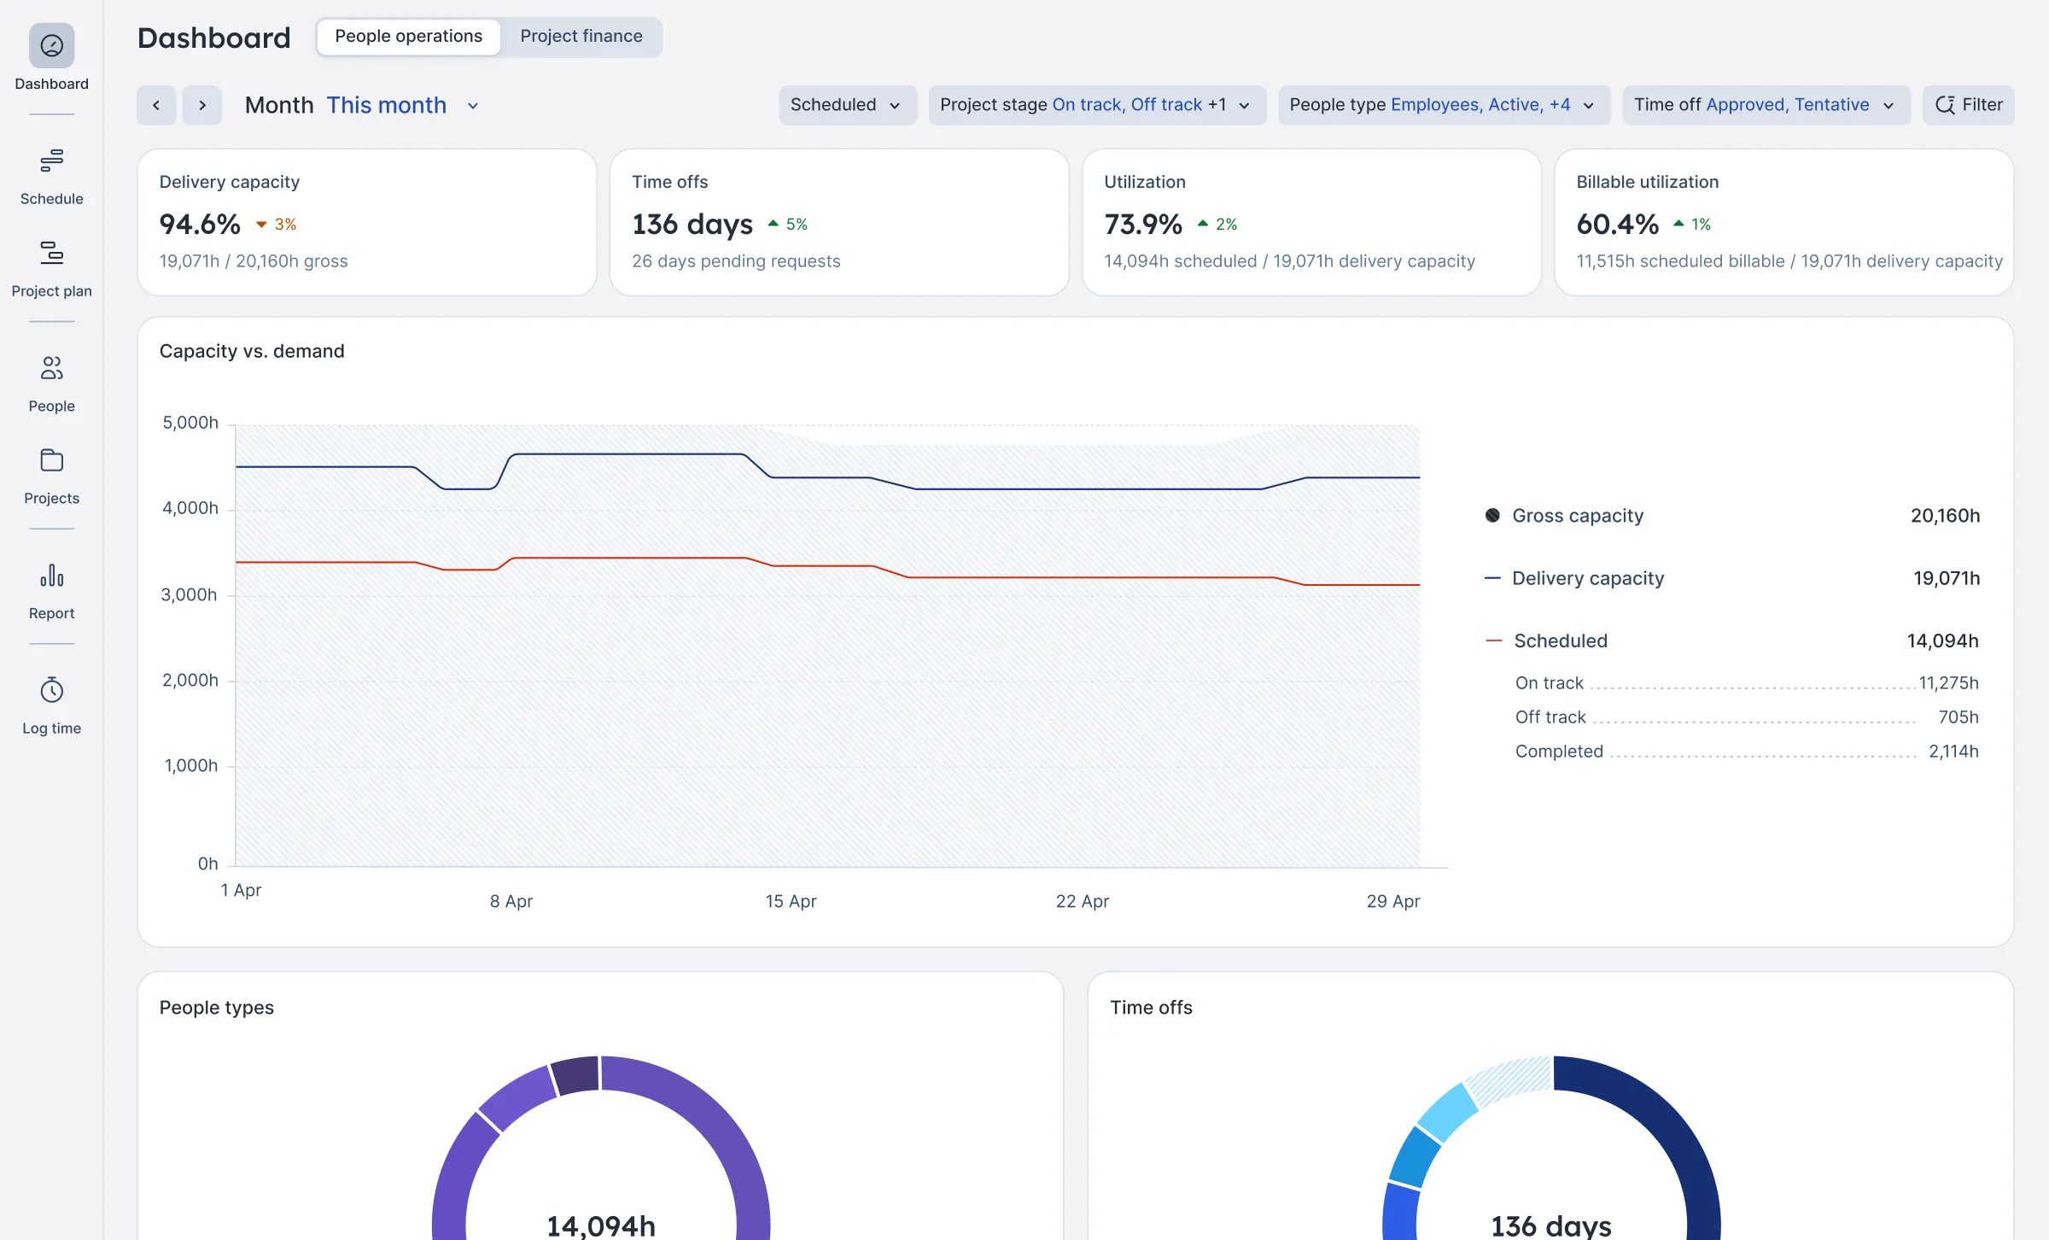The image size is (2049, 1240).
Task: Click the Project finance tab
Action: click(581, 37)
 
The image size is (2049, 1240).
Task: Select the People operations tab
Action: click(408, 37)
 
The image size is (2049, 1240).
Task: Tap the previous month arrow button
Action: click(156, 105)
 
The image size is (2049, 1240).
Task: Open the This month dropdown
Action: click(401, 105)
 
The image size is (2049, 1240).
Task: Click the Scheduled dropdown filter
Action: click(846, 105)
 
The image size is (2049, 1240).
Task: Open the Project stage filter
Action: click(1095, 105)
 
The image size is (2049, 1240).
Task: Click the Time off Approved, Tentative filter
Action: click(1765, 105)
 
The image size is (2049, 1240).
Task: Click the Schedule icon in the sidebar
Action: click(51, 161)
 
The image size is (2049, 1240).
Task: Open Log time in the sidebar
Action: click(51, 705)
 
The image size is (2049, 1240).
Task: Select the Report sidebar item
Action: click(51, 590)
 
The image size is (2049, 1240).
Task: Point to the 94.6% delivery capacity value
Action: click(200, 224)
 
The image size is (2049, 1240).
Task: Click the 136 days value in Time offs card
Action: click(692, 224)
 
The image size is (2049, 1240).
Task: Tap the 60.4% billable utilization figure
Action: click(1617, 224)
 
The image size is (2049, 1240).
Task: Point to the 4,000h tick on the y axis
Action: click(190, 508)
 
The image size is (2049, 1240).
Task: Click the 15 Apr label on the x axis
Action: click(791, 901)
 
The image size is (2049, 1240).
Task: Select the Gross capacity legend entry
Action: click(1577, 516)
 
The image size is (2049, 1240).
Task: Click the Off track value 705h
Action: click(1958, 717)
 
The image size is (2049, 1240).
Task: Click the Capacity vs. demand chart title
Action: click(252, 351)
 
